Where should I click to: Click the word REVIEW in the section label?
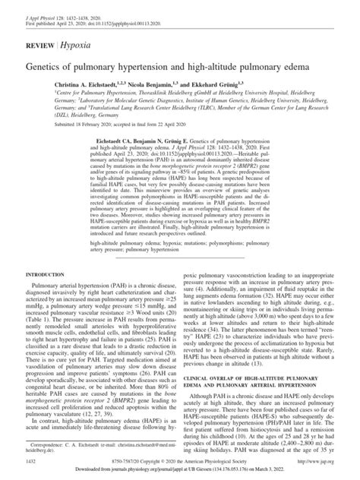tap(39, 46)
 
